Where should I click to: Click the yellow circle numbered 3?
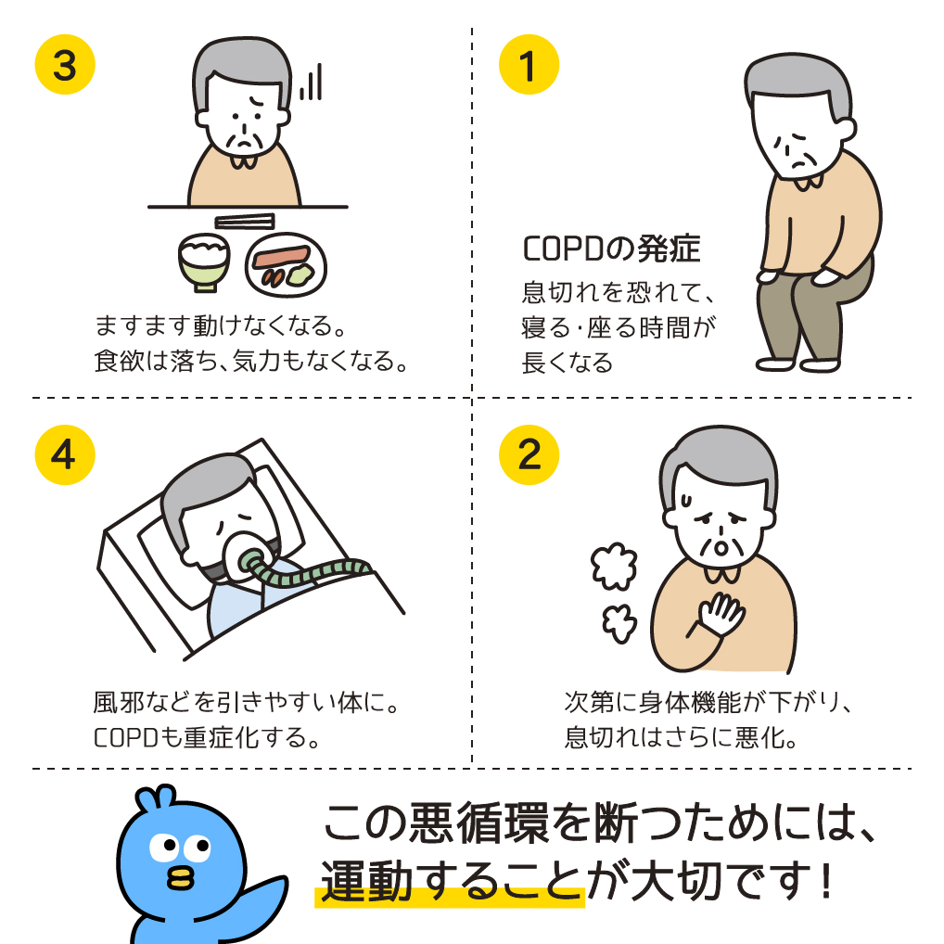tap(65, 64)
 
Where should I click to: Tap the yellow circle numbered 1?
tap(529, 64)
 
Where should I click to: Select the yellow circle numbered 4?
tap(65, 454)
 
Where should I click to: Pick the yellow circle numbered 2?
tap(529, 454)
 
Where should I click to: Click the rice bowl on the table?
tap(204, 262)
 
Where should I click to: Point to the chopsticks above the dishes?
tap(245, 222)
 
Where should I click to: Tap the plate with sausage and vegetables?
tap(286, 265)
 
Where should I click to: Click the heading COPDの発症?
tap(611, 249)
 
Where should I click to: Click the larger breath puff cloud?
tap(614, 566)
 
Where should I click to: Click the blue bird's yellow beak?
tap(181, 878)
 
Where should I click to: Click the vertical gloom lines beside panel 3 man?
tap(311, 82)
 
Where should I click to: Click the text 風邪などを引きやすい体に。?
tap(246, 702)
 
